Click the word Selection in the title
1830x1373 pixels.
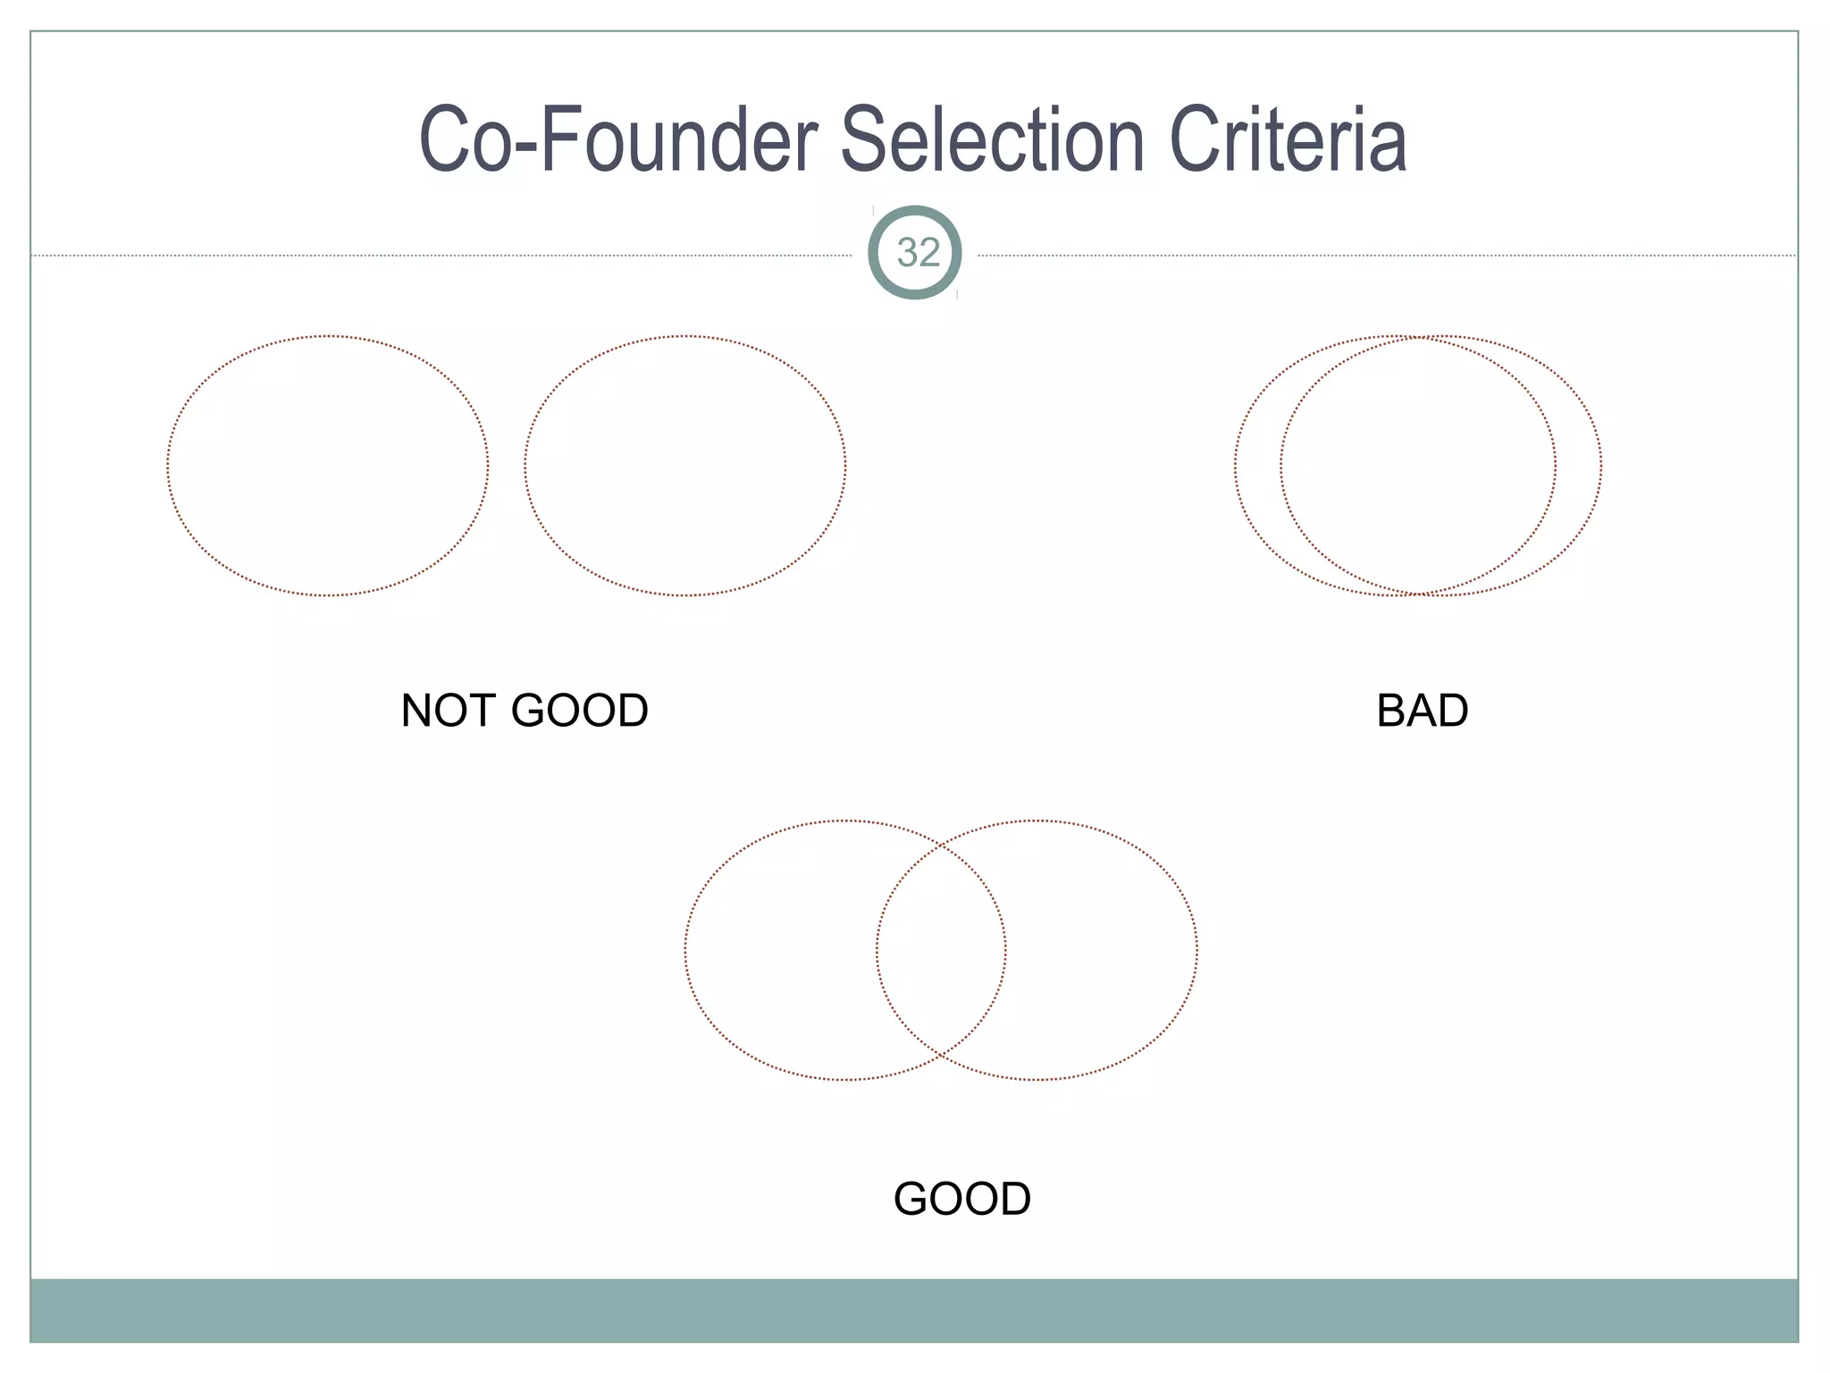point(993,140)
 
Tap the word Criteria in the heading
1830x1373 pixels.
point(1288,140)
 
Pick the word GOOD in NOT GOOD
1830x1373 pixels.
point(579,712)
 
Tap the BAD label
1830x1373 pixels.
point(1422,712)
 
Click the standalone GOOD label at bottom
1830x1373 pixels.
point(962,1200)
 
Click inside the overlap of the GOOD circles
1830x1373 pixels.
point(941,950)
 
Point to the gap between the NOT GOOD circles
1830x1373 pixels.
point(507,466)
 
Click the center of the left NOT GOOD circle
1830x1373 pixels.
point(328,466)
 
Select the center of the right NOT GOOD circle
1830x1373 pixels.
point(685,466)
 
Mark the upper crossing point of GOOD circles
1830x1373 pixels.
point(941,843)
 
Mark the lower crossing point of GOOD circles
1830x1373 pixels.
point(941,1057)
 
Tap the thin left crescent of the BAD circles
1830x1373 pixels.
point(1258,466)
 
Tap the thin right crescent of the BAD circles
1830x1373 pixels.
point(1578,466)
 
